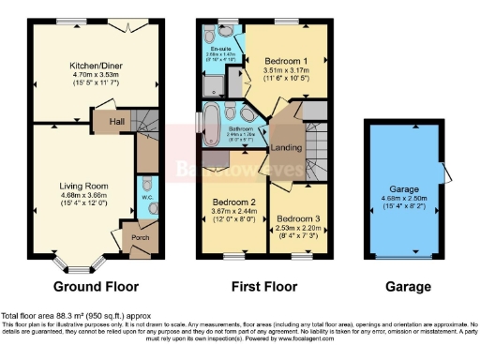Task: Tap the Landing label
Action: coord(285,148)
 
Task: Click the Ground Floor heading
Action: coord(95,287)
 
